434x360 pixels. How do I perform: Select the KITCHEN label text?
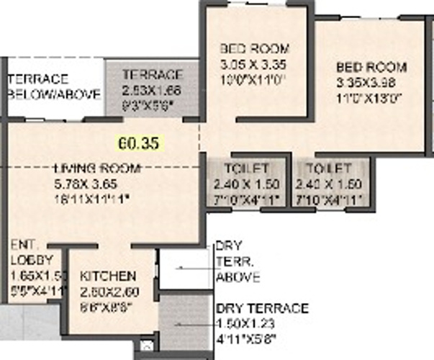pos(108,276)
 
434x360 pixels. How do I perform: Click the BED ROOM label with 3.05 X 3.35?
pos(254,49)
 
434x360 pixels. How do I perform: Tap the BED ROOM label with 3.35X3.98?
pos(371,68)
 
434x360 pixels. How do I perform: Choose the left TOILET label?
pos(251,169)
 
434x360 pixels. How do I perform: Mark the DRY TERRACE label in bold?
pos(262,309)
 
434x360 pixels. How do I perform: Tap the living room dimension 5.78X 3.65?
pos(88,182)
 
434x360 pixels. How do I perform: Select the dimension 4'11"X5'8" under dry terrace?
pos(246,338)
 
